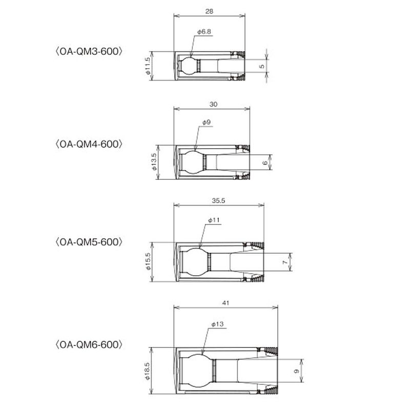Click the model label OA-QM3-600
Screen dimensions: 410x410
pyautogui.click(x=89, y=51)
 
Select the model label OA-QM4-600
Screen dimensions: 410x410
pyautogui.click(x=89, y=144)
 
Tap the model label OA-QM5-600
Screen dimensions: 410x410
pyautogui.click(x=89, y=242)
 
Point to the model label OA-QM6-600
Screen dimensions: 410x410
pyautogui.click(x=89, y=344)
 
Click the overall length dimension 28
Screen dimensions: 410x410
pyautogui.click(x=209, y=11)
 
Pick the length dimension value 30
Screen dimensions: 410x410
pyautogui.click(x=213, y=105)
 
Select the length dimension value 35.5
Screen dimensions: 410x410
pyautogui.click(x=218, y=200)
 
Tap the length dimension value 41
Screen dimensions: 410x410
pyautogui.click(x=225, y=303)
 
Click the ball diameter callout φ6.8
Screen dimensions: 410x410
pyautogui.click(x=204, y=32)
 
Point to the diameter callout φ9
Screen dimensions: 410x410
pyautogui.click(x=207, y=122)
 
